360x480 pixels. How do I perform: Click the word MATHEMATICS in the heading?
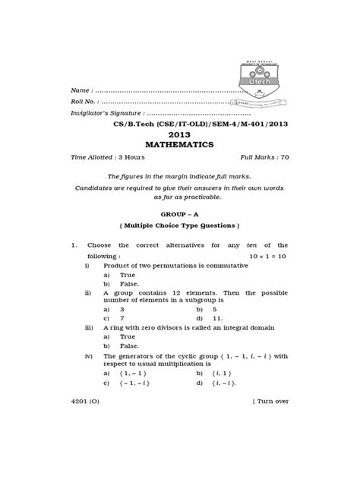[179, 143]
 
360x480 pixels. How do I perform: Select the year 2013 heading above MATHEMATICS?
[179, 131]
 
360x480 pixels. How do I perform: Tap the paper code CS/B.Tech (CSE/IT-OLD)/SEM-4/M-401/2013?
[179, 118]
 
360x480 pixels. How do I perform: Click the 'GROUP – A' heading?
[179, 213]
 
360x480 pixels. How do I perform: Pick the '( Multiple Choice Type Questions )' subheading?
[179, 226]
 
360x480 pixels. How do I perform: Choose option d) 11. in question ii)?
[217, 319]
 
